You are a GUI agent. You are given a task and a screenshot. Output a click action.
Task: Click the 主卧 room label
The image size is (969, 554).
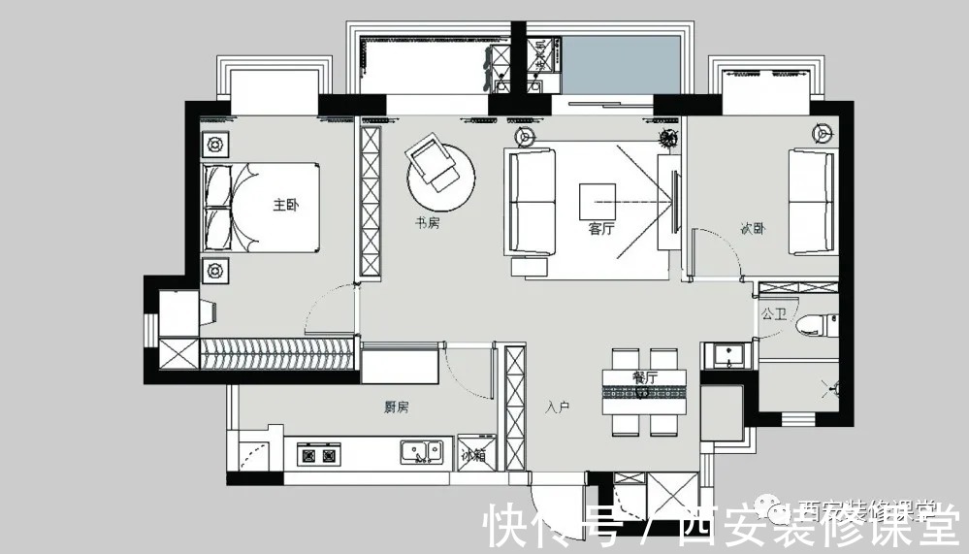pos(284,205)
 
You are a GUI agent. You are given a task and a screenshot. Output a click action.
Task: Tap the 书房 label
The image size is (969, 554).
pos(428,223)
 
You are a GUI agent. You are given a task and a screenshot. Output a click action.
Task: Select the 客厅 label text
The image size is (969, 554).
pos(601,230)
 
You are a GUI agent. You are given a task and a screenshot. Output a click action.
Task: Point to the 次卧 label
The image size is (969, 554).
pos(753,230)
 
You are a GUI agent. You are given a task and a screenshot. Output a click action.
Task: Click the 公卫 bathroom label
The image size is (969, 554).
pos(773,314)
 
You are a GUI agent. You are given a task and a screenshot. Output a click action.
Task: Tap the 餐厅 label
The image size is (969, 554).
pos(645,377)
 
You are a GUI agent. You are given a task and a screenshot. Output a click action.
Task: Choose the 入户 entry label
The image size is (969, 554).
pos(557,407)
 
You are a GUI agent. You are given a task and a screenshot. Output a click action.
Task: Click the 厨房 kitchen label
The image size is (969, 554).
pos(396,407)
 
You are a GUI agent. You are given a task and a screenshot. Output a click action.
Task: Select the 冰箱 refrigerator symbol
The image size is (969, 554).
pos(474,453)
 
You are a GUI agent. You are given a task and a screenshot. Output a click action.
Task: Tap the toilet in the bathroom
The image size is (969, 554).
pos(813,325)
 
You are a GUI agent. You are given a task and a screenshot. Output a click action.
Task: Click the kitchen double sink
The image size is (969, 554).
pos(421,451)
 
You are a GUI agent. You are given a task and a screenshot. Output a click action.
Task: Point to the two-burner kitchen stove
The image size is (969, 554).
pos(320,453)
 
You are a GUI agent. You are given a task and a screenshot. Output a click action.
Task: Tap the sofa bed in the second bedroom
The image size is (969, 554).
pos(811,201)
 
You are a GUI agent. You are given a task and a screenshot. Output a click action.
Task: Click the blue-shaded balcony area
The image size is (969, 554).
pos(621,66)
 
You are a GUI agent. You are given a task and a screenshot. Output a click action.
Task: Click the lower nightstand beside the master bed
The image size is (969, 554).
pos(215,269)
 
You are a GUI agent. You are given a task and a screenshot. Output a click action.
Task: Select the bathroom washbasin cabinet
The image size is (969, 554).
pos(727,355)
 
